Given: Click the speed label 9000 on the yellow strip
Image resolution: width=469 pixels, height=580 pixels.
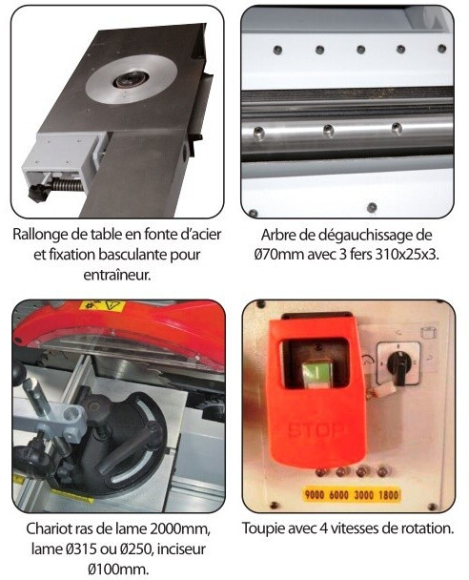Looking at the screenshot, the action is click(315, 494).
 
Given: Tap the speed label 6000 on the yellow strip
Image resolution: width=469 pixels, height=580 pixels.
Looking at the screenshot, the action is click(338, 494).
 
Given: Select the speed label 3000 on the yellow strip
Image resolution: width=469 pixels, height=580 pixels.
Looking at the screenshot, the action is click(364, 494).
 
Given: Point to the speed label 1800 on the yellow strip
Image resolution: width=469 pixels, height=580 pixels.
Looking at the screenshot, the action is click(388, 494).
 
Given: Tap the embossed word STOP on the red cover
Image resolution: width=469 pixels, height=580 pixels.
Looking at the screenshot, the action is click(316, 430).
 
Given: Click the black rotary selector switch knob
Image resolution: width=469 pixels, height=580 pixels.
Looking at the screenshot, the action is click(398, 364).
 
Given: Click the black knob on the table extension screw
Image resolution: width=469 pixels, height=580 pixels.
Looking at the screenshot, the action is click(38, 192).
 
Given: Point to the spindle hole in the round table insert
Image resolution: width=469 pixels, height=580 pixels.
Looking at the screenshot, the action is click(131, 79).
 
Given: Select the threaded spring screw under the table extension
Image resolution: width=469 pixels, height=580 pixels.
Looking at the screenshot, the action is click(68, 184).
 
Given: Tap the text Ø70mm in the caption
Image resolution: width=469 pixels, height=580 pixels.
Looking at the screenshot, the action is click(277, 255).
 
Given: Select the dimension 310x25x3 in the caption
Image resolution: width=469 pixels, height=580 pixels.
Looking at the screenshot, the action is click(406, 255).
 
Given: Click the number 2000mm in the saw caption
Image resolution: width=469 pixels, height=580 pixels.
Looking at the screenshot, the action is click(180, 528).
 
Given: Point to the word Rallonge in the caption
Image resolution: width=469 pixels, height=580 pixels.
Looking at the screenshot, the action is click(39, 235).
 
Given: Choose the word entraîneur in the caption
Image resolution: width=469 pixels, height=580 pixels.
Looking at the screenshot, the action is click(117, 276).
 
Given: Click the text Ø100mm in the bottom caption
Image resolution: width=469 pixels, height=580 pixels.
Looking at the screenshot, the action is click(118, 569).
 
